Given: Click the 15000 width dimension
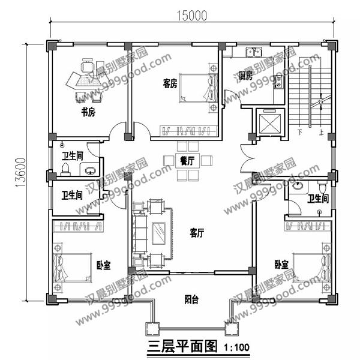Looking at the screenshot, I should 191,16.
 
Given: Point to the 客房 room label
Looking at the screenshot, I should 170,83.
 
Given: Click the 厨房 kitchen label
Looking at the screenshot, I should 245,75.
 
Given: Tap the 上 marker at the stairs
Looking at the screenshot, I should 322,131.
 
